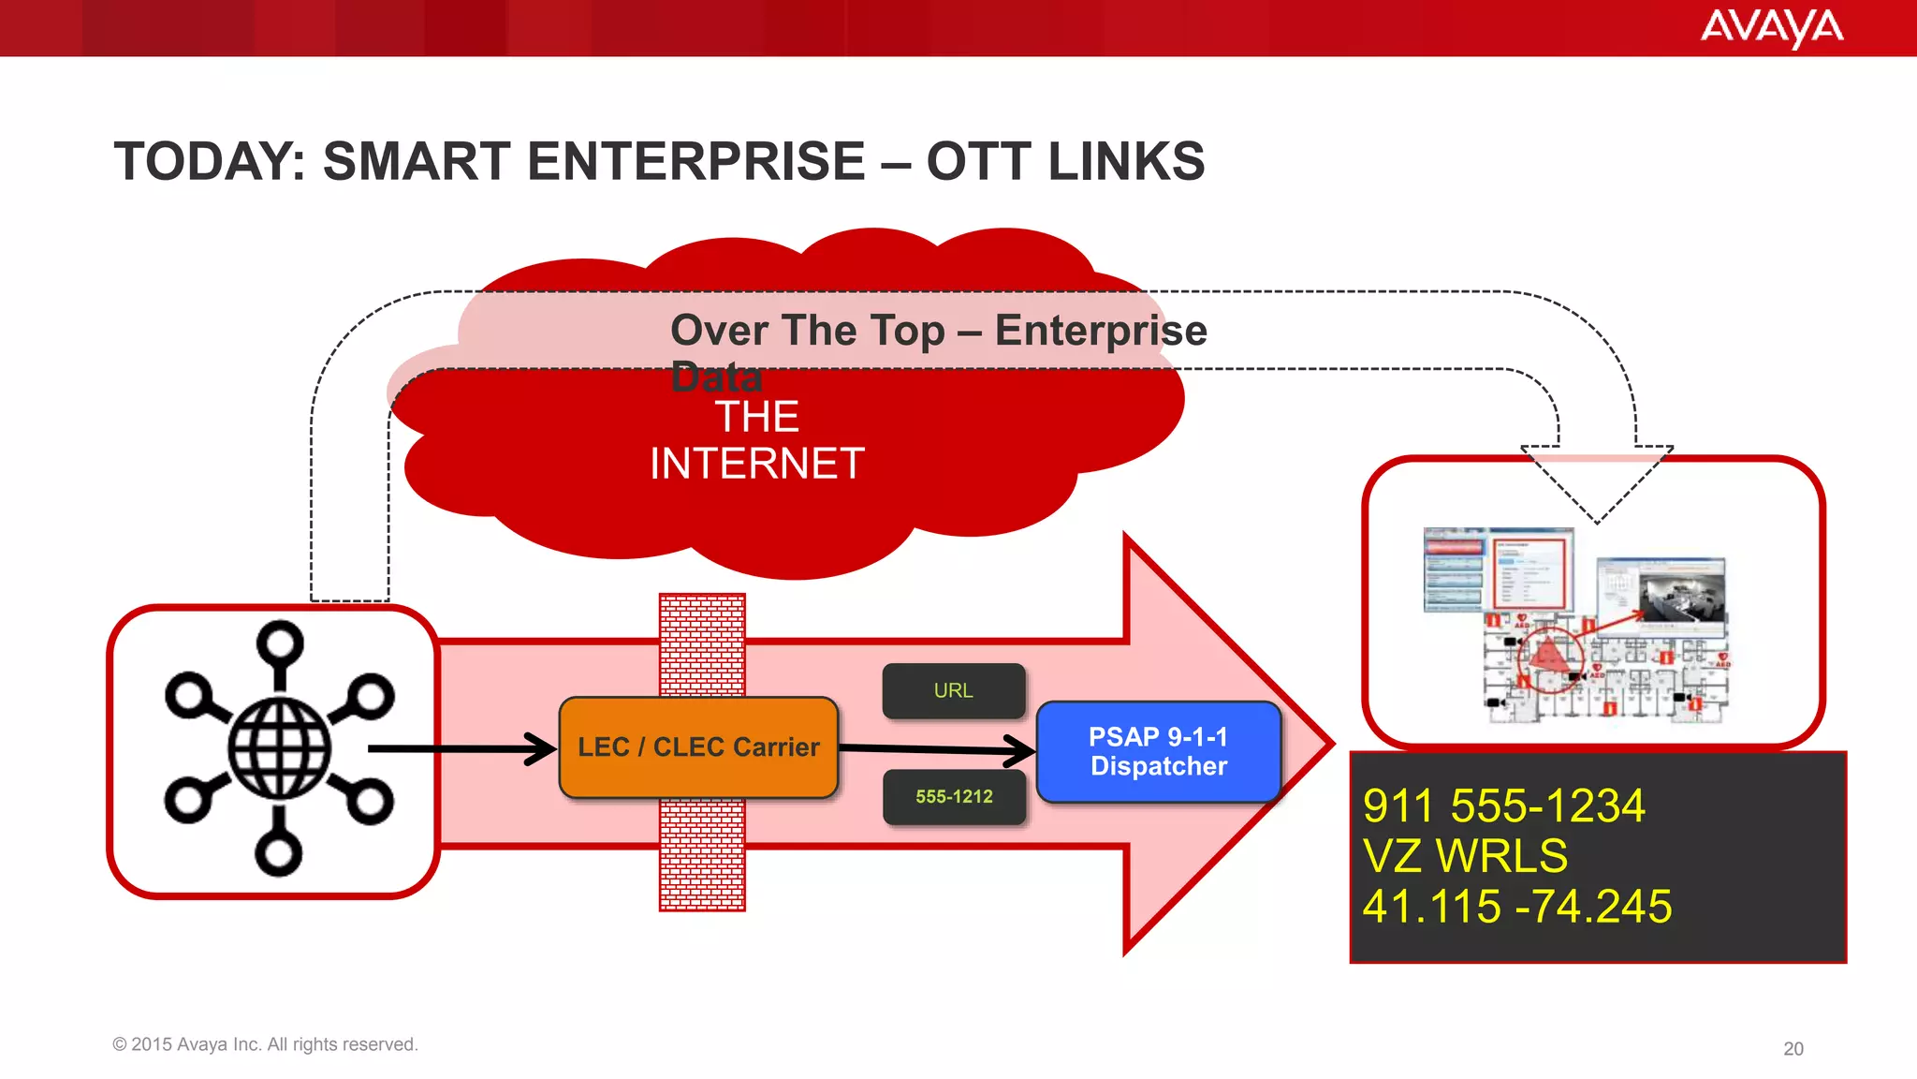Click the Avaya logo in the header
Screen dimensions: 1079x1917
[1771, 28]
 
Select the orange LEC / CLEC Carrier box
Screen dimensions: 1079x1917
[698, 747]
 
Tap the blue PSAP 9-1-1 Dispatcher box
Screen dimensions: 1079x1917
[1158, 752]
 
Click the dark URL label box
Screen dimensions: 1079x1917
[953, 691]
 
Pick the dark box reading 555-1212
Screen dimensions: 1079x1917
[954, 797]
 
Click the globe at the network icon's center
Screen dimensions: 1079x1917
[279, 748]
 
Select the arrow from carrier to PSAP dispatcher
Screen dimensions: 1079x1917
[936, 749]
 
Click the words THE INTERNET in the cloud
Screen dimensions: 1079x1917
[756, 440]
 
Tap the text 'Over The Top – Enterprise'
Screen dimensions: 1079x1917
[938, 331]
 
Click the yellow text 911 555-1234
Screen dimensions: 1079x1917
[1503, 806]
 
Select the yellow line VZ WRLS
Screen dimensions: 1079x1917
[1464, 856]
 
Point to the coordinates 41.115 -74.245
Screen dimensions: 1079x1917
[1516, 907]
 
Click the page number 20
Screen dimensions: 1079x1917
[1793, 1049]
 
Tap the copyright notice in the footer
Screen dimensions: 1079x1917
[265, 1044]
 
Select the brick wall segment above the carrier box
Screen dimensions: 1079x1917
[702, 644]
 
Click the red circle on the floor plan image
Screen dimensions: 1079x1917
[1549, 660]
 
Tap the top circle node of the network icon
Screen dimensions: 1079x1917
[280, 643]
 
